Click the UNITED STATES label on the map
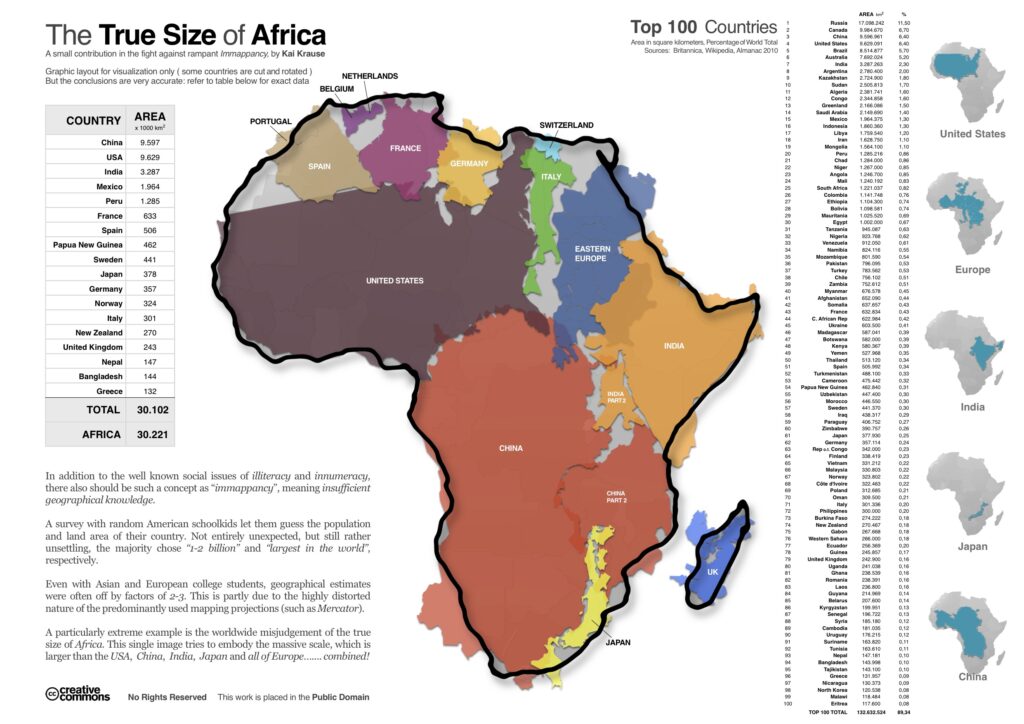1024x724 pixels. point(394,281)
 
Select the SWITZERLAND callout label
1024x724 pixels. point(567,125)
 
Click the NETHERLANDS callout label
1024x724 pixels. point(370,76)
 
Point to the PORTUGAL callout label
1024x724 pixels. point(270,121)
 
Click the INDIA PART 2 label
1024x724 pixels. point(616,397)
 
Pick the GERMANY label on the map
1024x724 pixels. point(469,163)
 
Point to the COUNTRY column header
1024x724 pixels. point(93,120)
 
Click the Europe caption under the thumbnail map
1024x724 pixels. point(972,270)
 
